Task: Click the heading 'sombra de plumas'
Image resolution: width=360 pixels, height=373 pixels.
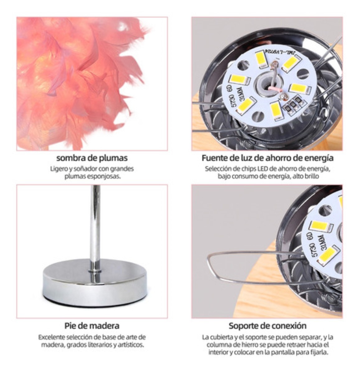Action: tap(92, 158)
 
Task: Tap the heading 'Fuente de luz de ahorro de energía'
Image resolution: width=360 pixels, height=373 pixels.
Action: tap(267, 158)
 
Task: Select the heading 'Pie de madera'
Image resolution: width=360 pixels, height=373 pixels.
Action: tap(92, 326)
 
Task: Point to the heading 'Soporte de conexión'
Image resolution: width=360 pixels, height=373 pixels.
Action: tap(267, 326)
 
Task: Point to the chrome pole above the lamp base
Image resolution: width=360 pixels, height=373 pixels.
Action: tap(95, 224)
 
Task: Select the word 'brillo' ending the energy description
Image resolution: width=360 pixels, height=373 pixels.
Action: tap(312, 176)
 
